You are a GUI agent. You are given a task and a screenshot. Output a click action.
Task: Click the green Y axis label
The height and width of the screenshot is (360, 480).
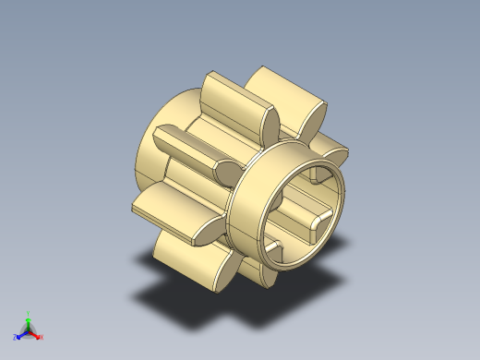pyautogui.click(x=29, y=313)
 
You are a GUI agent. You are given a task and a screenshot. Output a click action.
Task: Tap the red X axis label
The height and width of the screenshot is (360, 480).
pyautogui.click(x=42, y=337)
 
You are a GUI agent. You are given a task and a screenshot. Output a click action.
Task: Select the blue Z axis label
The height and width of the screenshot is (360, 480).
pyautogui.click(x=16, y=338)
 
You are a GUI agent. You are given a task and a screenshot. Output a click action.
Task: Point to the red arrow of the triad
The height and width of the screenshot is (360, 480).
pyautogui.click(x=36, y=334)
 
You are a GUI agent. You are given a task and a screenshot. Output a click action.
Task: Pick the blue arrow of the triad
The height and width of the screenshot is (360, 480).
pyautogui.click(x=21, y=335)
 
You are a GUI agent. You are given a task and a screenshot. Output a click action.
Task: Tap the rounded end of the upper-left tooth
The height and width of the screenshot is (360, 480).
pyautogui.click(x=227, y=170)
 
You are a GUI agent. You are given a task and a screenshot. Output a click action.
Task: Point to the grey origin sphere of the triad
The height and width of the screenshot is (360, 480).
pyautogui.click(x=29, y=330)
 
